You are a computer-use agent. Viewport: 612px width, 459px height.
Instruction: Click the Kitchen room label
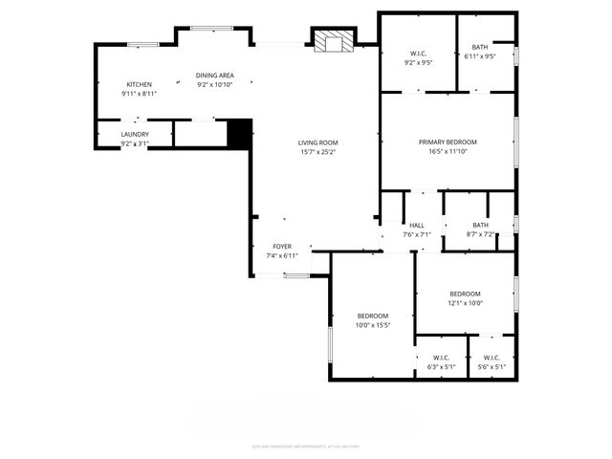coord(139,84)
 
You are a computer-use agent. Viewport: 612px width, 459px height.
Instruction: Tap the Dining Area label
coord(215,76)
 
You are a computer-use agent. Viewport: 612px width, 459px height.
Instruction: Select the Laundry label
coord(135,135)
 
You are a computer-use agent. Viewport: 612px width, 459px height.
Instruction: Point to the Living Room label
coord(318,142)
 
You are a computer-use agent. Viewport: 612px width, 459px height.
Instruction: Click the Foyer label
coord(282,247)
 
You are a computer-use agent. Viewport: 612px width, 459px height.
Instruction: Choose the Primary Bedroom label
coord(448,142)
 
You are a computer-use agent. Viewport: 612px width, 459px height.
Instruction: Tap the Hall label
coord(417,226)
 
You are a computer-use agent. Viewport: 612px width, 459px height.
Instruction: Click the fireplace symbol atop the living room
coord(333,41)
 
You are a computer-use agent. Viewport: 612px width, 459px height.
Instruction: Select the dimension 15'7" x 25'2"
coord(318,151)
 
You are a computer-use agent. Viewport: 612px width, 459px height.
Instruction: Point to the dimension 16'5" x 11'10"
coord(448,150)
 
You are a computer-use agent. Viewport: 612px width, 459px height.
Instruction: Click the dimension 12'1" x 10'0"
coord(466,303)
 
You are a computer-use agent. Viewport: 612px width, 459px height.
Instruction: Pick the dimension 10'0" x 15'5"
coord(373,325)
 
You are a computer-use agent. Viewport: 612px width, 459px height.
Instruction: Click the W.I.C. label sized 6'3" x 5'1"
coord(442,366)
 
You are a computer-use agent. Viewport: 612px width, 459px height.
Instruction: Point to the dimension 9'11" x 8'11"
coord(139,94)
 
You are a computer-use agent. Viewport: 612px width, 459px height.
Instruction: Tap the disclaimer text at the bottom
coord(306,446)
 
